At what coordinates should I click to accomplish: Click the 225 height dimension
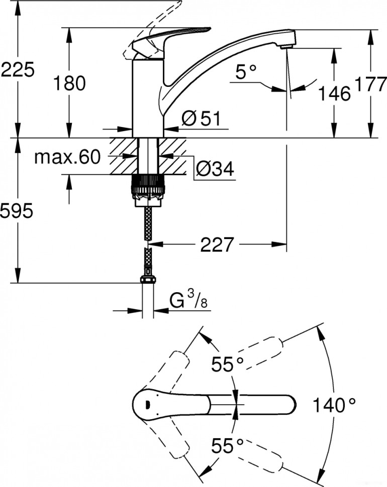pyautogui.click(x=18, y=70)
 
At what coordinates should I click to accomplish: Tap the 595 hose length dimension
pyautogui.click(x=18, y=211)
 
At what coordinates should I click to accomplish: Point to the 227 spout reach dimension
pyautogui.click(x=217, y=245)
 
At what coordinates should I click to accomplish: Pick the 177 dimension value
pyautogui.click(x=371, y=84)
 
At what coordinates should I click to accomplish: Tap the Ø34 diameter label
pyautogui.click(x=215, y=170)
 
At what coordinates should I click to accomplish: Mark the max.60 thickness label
pyautogui.click(x=68, y=158)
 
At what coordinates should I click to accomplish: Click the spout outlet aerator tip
pyautogui.click(x=285, y=46)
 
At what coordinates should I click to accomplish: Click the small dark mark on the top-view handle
pyautogui.click(x=147, y=404)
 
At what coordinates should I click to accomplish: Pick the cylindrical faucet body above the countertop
pyautogui.click(x=148, y=98)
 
